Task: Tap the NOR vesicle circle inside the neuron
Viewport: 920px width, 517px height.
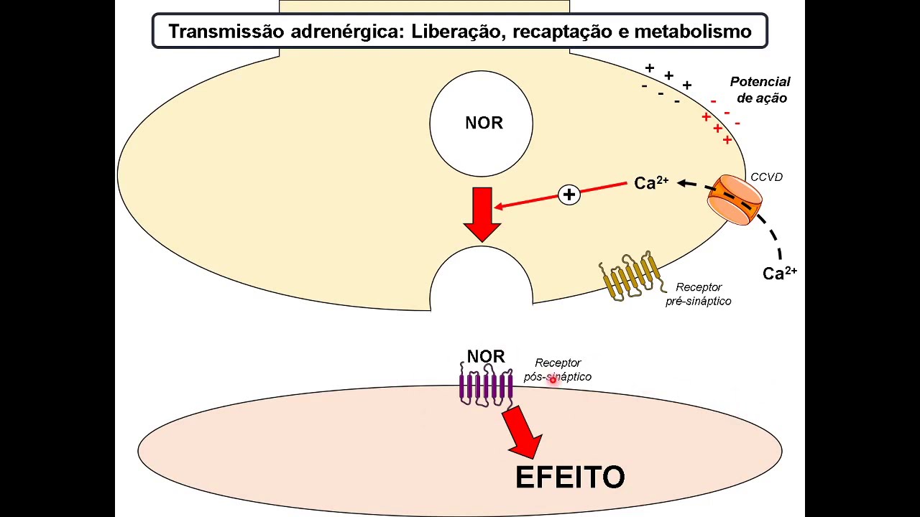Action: [482, 124]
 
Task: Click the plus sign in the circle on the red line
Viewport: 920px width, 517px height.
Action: [569, 195]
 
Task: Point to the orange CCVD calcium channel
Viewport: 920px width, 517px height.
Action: [734, 199]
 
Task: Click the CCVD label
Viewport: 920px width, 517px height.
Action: [766, 177]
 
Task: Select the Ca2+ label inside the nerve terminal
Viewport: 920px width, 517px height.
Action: [651, 183]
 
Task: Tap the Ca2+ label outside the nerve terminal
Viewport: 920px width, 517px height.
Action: [779, 273]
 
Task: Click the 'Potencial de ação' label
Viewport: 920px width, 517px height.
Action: [760, 90]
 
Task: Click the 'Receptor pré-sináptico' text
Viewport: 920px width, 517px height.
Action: [698, 294]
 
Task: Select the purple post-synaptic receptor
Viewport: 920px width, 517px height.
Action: [486, 386]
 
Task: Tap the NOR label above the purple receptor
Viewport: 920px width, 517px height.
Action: [486, 356]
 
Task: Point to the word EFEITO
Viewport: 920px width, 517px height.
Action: [570, 478]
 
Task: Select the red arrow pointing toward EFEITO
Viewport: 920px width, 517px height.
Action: [524, 432]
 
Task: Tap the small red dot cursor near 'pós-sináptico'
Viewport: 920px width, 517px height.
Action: [553, 379]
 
